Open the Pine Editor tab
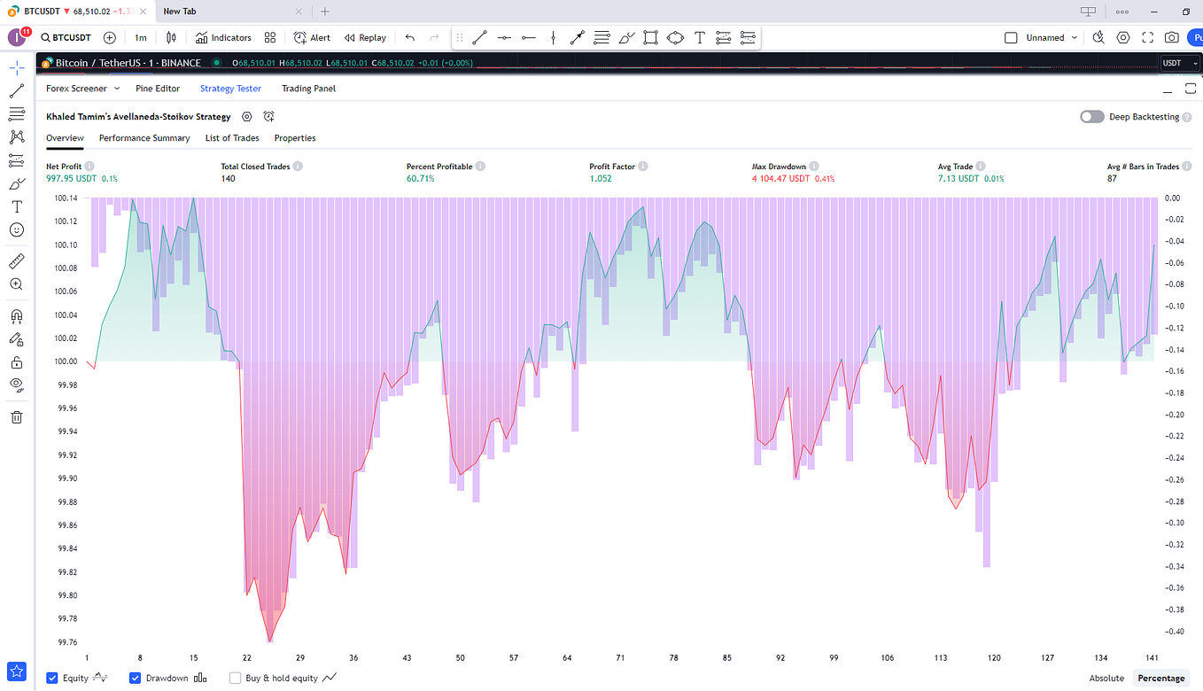coord(157,89)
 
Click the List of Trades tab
coord(232,138)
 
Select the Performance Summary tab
coord(144,138)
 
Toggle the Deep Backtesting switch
coord(1091,117)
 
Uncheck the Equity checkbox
coord(52,679)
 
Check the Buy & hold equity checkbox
coord(236,679)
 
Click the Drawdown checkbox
coord(136,679)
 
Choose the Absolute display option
coord(1106,679)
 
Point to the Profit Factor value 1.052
coord(601,179)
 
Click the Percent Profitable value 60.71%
coord(421,179)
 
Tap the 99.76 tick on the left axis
coord(66,642)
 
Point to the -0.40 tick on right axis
coord(1174,632)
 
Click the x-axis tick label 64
coord(567,658)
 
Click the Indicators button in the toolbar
coord(223,38)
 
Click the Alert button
coord(312,38)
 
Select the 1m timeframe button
coord(141,38)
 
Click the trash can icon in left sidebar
coord(16,417)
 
